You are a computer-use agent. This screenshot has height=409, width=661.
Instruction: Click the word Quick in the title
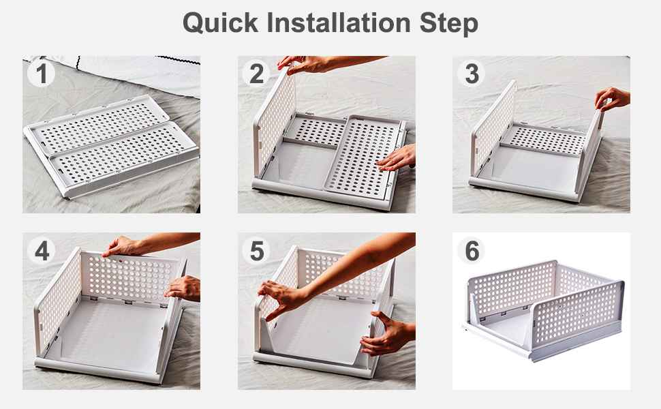click(x=220, y=22)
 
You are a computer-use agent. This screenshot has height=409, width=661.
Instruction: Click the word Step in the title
click(x=448, y=24)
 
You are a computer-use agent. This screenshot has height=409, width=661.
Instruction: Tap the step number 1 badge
click(x=42, y=74)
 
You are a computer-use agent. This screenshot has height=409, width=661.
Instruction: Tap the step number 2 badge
click(x=256, y=74)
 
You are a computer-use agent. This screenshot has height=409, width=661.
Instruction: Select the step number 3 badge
click(x=472, y=74)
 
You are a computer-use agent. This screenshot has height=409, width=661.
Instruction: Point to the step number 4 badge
click(x=42, y=250)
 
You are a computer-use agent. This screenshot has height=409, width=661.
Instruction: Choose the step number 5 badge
click(x=256, y=250)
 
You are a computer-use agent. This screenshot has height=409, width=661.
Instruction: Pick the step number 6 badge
click(x=472, y=250)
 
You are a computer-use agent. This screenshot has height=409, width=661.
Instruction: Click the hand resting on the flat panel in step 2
click(x=397, y=158)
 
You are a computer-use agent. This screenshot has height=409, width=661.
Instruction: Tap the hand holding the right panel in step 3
click(x=612, y=99)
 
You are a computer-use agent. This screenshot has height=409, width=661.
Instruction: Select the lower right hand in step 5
click(x=386, y=333)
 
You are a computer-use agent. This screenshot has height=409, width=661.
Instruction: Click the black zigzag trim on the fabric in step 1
click(x=177, y=60)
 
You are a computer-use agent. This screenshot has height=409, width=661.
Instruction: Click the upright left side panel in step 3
click(x=493, y=127)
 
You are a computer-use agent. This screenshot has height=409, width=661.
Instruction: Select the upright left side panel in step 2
click(x=275, y=122)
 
